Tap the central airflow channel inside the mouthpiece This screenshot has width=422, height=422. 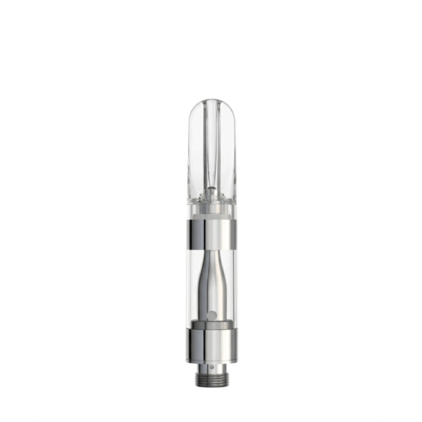(211, 144)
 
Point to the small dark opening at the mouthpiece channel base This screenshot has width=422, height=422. (211, 189)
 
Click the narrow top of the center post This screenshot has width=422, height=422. (211, 259)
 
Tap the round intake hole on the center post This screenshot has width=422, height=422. (211, 315)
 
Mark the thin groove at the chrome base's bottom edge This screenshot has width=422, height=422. (211, 361)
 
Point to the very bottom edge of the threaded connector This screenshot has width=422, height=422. (211, 388)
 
